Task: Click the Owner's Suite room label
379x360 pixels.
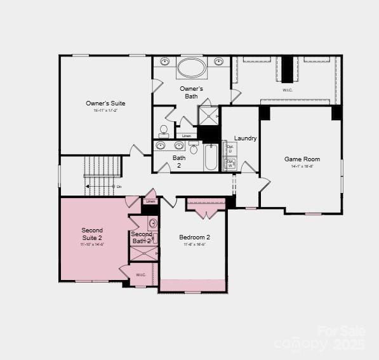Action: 105,103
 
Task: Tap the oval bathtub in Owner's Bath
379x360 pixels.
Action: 191,67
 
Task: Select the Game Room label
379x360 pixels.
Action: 302,159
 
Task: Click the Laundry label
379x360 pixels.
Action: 245,138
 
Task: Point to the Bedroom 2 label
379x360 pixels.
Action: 194,237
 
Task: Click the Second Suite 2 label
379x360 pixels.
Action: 92,234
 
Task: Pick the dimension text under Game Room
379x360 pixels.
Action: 302,167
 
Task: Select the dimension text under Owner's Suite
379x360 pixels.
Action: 105,110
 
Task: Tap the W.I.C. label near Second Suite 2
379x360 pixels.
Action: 141,275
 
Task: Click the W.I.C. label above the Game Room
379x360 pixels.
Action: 288,90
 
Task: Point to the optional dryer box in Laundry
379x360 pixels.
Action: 230,147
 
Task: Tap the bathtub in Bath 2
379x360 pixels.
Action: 211,157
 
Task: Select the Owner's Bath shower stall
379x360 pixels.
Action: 208,115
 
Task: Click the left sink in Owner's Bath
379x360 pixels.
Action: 165,62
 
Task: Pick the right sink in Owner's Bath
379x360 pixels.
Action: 218,62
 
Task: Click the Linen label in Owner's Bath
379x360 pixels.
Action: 186,136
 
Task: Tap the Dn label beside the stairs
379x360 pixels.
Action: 119,187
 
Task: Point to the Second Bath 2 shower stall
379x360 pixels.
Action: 143,253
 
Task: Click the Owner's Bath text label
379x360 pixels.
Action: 191,92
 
